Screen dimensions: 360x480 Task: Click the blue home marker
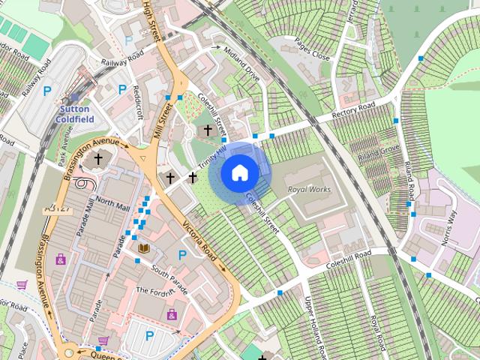click(239, 172)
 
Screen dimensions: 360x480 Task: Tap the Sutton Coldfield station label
click(75, 113)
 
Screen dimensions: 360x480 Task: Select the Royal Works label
click(309, 190)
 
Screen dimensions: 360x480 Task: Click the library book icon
click(144, 248)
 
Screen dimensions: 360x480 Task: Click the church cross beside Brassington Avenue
click(97, 160)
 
